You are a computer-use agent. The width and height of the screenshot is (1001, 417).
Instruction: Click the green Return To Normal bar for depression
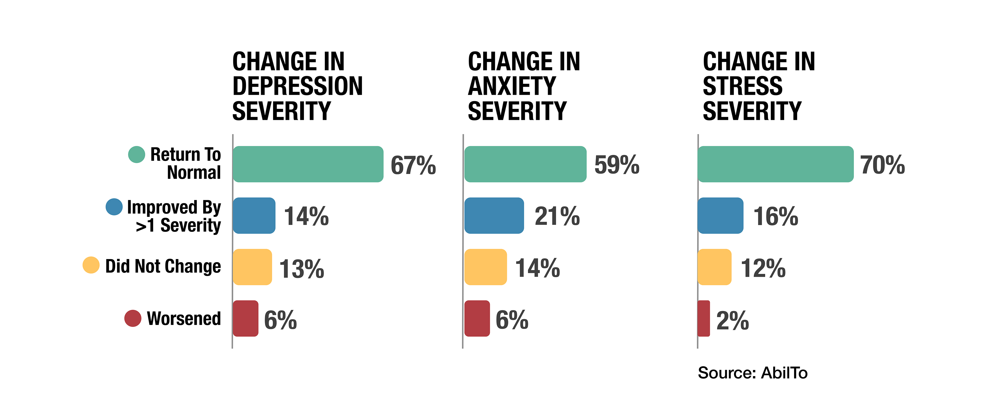click(x=308, y=164)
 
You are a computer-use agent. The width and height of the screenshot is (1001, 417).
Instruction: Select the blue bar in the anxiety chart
click(x=494, y=216)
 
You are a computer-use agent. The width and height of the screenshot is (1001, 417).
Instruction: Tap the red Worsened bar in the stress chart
click(x=704, y=318)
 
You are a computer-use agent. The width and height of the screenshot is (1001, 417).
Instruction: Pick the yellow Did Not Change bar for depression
click(x=252, y=267)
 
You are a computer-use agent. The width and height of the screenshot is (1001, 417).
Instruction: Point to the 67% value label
click(x=413, y=165)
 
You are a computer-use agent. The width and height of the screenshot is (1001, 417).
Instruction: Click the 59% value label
click(x=617, y=165)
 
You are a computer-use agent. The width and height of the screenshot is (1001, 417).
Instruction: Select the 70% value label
click(x=883, y=165)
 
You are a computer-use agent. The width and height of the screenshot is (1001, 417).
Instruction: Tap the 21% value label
click(x=557, y=217)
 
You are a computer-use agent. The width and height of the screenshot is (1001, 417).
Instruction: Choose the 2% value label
click(x=732, y=321)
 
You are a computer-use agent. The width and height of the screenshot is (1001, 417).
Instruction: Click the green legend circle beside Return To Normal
click(x=137, y=154)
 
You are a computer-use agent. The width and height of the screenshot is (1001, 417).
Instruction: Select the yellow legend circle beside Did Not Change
click(x=91, y=265)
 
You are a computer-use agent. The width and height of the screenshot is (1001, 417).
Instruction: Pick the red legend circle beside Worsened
click(x=133, y=318)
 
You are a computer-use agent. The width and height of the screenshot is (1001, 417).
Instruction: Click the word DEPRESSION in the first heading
click(x=298, y=86)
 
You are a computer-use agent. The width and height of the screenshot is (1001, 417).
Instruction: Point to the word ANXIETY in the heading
click(x=512, y=86)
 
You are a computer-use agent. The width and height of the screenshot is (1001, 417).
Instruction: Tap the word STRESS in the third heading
click(x=743, y=86)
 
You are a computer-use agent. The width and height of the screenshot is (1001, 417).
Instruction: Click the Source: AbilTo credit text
click(x=753, y=373)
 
